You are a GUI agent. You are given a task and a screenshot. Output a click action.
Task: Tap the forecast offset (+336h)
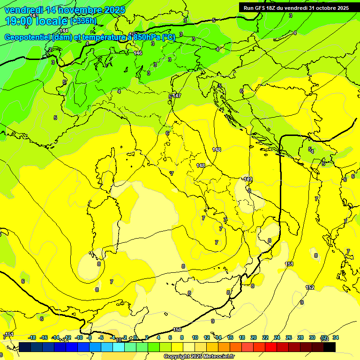tap(84, 21)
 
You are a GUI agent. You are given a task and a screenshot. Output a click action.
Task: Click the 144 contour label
tap(64, 30)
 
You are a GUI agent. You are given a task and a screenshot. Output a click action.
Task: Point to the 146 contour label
tap(138, 53)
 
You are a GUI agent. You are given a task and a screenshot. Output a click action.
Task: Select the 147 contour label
tap(177, 96)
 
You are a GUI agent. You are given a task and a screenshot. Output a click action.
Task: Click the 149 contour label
tap(248, 179)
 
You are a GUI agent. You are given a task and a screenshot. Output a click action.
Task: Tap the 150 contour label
tap(177, 330)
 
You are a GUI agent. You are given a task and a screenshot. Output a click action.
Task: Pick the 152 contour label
tap(310, 287)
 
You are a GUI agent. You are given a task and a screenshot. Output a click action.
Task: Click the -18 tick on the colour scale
tap(32, 337)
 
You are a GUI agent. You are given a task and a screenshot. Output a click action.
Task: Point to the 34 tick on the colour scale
tap(336, 337)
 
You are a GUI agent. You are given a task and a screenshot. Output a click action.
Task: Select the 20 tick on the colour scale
tap(254, 337)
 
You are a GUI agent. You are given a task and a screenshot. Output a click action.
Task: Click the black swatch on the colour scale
tap(330, 347)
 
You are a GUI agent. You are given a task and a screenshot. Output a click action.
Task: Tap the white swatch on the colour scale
tap(189, 347)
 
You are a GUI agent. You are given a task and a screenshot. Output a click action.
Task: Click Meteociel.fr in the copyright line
tap(216, 357)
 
